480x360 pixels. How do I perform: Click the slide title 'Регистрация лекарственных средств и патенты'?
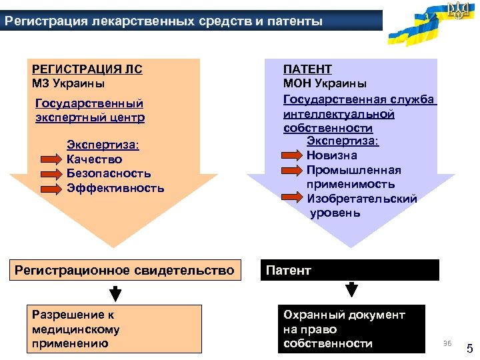point(163,21)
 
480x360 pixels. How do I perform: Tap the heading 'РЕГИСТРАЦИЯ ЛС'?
point(87,69)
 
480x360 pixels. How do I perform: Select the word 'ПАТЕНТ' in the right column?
point(308,69)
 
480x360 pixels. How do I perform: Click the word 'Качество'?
point(95,159)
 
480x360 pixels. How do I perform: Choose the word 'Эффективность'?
point(115,188)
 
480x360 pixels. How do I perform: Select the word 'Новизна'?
point(332,155)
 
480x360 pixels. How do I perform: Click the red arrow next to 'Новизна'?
point(291,155)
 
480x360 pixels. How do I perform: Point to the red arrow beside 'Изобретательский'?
point(291,198)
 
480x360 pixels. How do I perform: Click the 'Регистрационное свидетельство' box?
point(125,270)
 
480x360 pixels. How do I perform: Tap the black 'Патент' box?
point(351,270)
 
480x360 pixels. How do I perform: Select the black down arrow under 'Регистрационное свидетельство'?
point(115,293)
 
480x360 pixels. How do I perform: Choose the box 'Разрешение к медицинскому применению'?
point(113,329)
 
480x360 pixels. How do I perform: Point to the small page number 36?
point(447,343)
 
